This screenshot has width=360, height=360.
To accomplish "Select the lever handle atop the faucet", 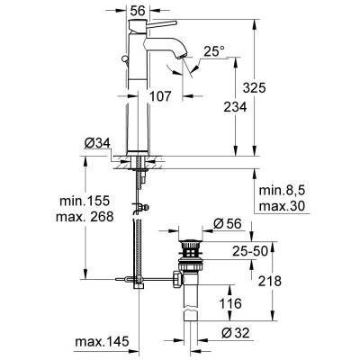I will point(138,27).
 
